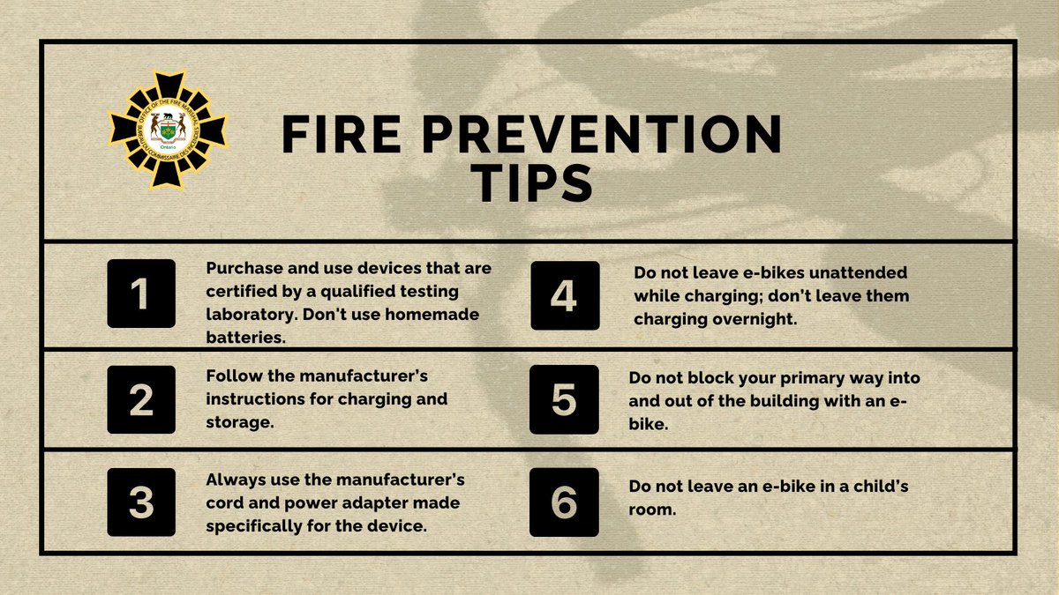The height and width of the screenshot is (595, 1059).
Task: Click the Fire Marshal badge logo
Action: [x=168, y=131]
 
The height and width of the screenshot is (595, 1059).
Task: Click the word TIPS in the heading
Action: [x=530, y=185]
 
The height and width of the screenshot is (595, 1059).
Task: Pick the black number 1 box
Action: [x=142, y=295]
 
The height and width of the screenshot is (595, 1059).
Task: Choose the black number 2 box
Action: [x=142, y=399]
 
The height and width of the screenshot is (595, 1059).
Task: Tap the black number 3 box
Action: [x=142, y=502]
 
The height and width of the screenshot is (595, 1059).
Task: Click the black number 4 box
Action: [x=564, y=295]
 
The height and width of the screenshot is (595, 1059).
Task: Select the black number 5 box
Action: [x=564, y=399]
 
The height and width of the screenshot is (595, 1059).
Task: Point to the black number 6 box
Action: [x=564, y=502]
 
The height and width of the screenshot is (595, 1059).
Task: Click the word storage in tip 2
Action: [x=237, y=422]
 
